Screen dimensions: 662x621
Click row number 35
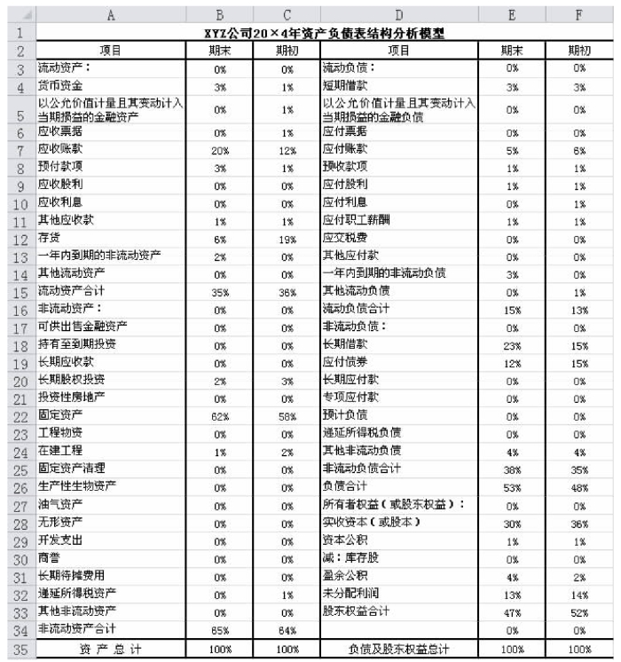coord(18,648)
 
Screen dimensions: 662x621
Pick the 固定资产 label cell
coord(60,414)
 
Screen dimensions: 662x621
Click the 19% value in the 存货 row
coord(286,240)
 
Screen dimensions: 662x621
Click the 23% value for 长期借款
coord(512,343)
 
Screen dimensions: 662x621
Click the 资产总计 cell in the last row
coord(110,649)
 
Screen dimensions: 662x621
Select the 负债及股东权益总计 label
coord(398,649)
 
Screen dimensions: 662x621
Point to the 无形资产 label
coord(60,522)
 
